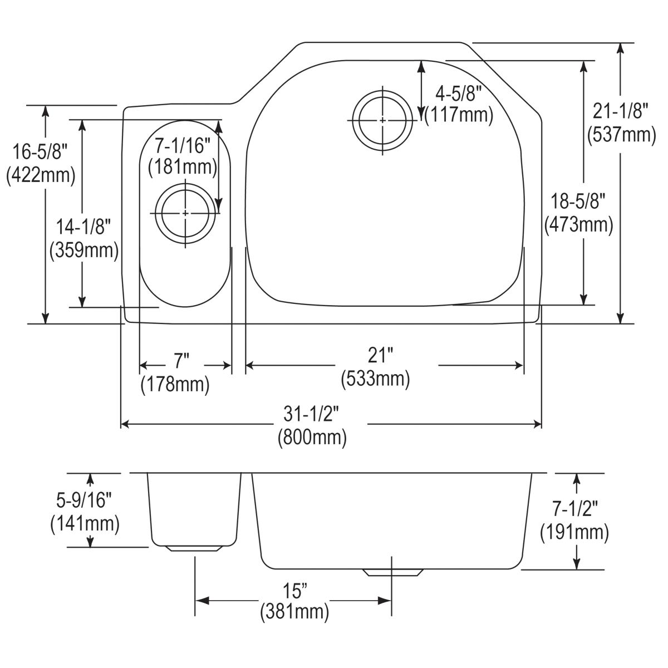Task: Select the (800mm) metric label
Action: (x=312, y=437)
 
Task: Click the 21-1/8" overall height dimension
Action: (x=621, y=112)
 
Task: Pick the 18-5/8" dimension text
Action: (x=579, y=200)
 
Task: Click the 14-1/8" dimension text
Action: (x=83, y=227)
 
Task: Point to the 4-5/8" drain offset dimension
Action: (x=458, y=94)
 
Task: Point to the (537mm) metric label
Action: (x=621, y=135)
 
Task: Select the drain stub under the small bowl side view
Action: (x=194, y=548)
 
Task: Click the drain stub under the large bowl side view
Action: (x=391, y=573)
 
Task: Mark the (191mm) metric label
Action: (x=574, y=532)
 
